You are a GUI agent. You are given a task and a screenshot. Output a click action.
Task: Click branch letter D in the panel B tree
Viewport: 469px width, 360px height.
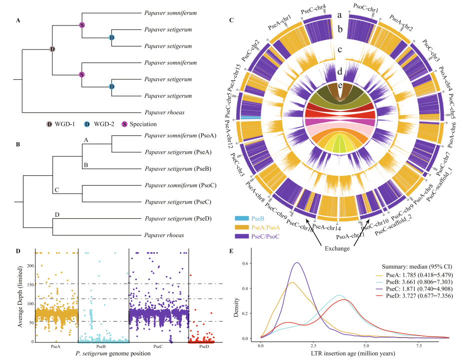[x=57, y=215]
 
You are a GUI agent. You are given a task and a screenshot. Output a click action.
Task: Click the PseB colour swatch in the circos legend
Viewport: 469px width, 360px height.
[x=241, y=218]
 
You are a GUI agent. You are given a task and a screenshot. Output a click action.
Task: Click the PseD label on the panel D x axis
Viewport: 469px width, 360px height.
[x=204, y=346]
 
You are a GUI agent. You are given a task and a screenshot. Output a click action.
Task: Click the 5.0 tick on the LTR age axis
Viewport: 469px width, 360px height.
[x=366, y=345]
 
